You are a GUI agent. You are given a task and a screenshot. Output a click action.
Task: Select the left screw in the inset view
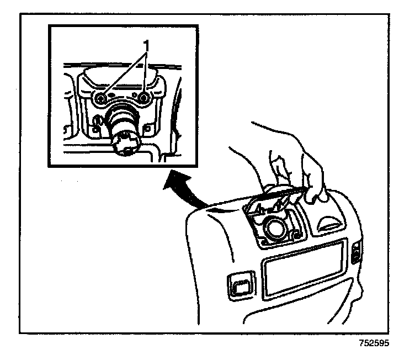pyautogui.click(x=100, y=98)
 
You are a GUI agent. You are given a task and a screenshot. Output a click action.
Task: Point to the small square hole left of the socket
pyautogui.click(x=98, y=130)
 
